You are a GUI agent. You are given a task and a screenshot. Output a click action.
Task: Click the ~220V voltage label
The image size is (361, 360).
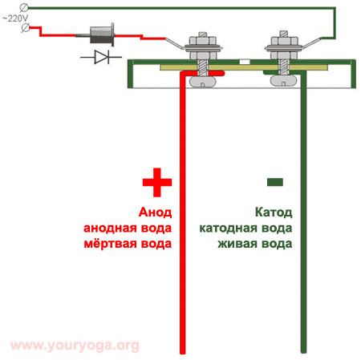tap(15, 18)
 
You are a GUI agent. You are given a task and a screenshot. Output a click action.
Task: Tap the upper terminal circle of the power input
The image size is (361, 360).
tap(24, 8)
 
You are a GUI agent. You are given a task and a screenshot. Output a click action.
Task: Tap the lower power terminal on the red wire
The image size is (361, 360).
tap(26, 28)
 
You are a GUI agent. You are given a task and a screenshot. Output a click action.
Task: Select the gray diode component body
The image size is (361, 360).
tap(102, 34)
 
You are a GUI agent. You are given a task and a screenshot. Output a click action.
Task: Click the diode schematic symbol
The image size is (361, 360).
tap(101, 57)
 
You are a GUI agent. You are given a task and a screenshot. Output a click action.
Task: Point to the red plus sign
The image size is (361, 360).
tap(157, 183)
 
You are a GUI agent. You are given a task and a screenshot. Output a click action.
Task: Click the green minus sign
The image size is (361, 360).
tap(275, 182)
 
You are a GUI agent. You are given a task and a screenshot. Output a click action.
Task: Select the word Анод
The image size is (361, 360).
tap(155, 212)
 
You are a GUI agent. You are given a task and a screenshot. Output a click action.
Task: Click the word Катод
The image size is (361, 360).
tap(274, 212)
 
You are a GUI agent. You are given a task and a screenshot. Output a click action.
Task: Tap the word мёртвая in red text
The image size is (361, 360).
tap(111, 244)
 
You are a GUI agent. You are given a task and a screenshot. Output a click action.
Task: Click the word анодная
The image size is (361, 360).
tap(111, 229)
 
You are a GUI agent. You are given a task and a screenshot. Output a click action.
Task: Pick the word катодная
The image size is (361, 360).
tap(228, 229)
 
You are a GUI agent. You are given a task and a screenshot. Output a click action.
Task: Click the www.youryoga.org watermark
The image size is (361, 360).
tap(75, 346)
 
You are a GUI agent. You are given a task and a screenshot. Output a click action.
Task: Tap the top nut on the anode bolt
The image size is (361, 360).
tap(203, 41)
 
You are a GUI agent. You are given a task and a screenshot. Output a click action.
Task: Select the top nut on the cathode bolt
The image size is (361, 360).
tap(284, 41)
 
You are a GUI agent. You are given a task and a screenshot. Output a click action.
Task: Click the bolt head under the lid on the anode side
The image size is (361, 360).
tap(202, 81)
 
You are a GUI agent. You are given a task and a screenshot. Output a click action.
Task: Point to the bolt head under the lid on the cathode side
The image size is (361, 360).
tap(283, 81)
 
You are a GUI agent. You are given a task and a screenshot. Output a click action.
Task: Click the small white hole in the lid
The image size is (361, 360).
tap(245, 62)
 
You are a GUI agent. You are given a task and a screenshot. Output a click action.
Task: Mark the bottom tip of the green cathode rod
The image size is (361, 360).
tap(303, 353)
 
